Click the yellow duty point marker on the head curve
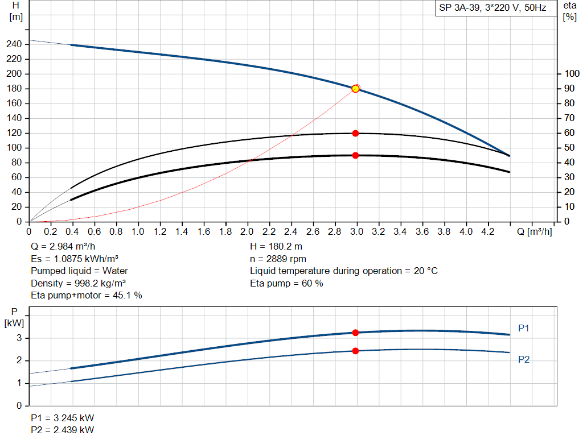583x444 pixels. [355, 89]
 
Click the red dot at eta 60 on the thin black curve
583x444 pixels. [355, 133]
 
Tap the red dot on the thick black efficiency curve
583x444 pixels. [355, 155]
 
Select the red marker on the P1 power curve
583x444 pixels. [355, 333]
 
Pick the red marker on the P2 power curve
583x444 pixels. [355, 351]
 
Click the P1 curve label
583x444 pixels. [524, 328]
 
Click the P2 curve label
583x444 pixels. [524, 359]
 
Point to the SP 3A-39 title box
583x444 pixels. [492, 8]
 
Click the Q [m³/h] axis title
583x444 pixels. [535, 231]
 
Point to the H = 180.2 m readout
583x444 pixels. [277, 247]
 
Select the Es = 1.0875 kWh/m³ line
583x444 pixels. [79, 259]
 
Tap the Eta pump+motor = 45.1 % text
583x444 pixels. [87, 295]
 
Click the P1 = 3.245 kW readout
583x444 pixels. [63, 417]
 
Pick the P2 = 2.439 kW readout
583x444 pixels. [63, 430]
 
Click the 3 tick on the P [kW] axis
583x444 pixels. [19, 338]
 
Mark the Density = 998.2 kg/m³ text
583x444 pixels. [79, 283]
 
